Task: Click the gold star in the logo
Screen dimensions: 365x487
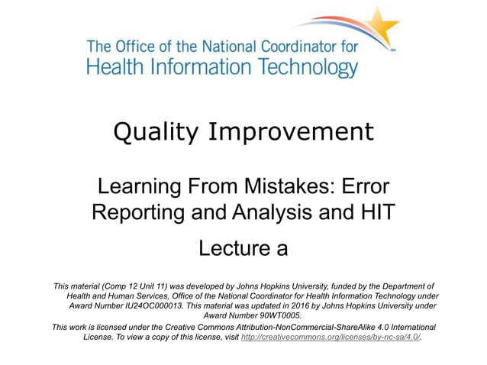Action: (383, 27)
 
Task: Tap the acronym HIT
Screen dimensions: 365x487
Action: (377, 212)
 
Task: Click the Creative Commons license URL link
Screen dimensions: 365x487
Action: (330, 337)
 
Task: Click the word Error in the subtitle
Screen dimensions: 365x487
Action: (363, 186)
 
